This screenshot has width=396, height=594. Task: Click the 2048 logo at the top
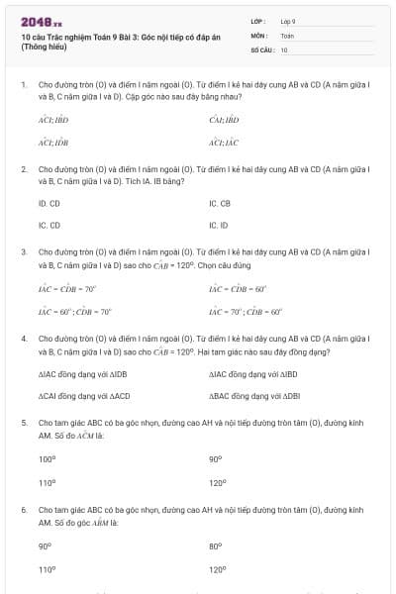tap(39, 21)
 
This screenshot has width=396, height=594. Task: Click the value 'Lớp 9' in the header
tap(288, 20)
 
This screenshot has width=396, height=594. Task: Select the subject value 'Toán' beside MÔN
tap(287, 35)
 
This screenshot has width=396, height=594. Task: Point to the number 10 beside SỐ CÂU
tap(284, 49)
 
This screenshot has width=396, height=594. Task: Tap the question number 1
tap(23, 85)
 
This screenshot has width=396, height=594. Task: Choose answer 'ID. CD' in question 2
tap(49, 203)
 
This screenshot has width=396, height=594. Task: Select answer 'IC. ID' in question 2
tap(219, 225)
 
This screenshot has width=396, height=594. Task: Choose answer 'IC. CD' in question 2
tap(49, 225)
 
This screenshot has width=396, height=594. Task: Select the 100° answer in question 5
tap(48, 459)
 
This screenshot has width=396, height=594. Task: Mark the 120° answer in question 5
tap(218, 483)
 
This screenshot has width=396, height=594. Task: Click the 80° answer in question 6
tap(216, 545)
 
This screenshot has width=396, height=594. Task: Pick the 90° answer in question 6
tap(45, 545)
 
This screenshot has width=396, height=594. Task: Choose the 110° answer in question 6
tap(48, 569)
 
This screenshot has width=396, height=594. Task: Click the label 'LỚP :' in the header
tap(257, 20)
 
